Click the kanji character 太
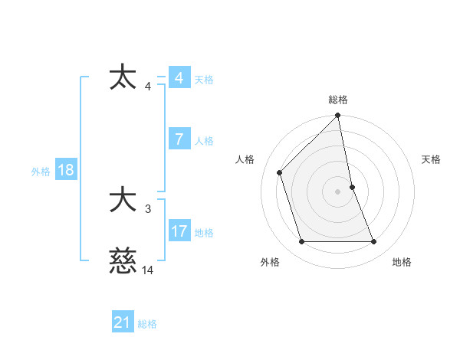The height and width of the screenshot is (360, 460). point(123,79)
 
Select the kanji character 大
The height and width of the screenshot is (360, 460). point(123,201)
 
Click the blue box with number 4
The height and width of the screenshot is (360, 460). point(179,78)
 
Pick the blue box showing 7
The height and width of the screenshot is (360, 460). point(179,139)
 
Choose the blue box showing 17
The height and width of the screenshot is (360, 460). point(179,231)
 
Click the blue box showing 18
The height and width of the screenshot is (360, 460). point(65,170)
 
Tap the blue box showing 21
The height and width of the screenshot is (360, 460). point(122,322)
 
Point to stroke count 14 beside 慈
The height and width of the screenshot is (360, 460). point(147,270)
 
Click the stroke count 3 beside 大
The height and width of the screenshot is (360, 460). point(148,208)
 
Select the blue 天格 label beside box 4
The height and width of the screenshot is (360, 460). point(204,80)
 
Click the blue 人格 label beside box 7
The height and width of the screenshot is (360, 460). point(204,141)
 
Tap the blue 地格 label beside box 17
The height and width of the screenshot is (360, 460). point(204,233)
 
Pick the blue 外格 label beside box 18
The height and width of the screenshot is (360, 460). point(41,172)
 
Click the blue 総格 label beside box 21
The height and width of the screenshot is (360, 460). point(147,324)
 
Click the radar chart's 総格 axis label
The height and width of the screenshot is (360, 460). point(338,100)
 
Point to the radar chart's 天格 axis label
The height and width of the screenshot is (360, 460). point(432,159)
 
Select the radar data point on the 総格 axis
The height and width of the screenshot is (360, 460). point(338,116)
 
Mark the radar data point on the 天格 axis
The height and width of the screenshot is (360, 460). point(352,187)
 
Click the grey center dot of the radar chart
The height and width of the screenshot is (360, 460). point(338,191)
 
